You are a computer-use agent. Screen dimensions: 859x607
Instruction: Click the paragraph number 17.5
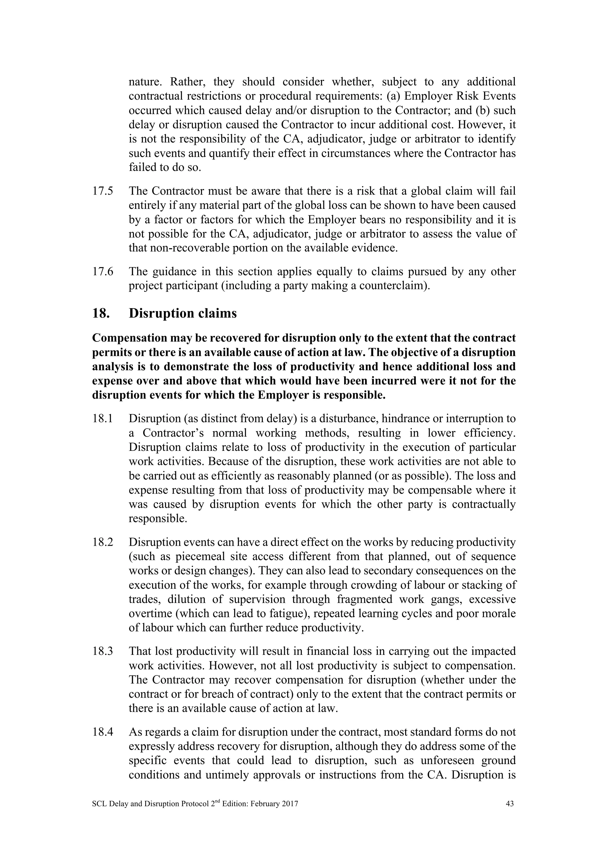[x=103, y=191]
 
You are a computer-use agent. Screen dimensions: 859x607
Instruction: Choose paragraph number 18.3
[x=103, y=651]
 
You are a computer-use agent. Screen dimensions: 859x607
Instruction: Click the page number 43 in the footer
[x=509, y=803]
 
